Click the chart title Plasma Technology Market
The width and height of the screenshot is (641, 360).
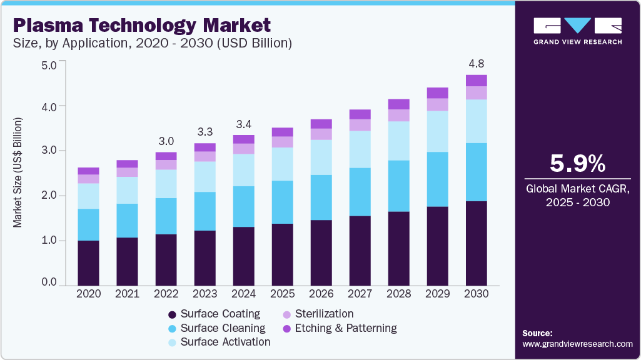pos(141,25)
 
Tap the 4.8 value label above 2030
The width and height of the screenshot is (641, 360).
pos(477,64)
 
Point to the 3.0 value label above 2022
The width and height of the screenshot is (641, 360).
pos(166,141)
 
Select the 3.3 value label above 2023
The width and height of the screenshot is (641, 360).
pos(204,132)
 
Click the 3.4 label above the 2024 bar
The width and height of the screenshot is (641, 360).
pos(243,123)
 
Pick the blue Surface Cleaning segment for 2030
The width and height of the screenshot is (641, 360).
pos(477,172)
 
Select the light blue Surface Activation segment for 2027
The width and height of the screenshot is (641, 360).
pos(360,149)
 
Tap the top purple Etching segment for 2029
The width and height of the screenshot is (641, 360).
pos(438,93)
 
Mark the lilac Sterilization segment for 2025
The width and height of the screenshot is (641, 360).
pos(282,142)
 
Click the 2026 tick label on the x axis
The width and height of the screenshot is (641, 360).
pos(321,293)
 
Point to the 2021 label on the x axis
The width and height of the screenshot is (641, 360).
pos(127,293)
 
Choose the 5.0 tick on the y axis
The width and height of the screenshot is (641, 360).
pos(49,64)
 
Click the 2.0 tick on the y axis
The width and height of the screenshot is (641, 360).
pos(49,196)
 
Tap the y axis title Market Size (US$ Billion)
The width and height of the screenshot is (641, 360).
pos(18,172)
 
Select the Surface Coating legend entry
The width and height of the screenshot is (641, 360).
pos(219,314)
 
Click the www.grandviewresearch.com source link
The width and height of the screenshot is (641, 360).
pos(577,344)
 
